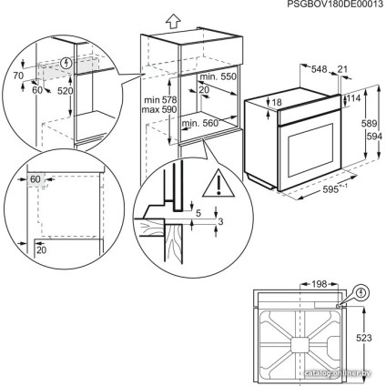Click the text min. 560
201,122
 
